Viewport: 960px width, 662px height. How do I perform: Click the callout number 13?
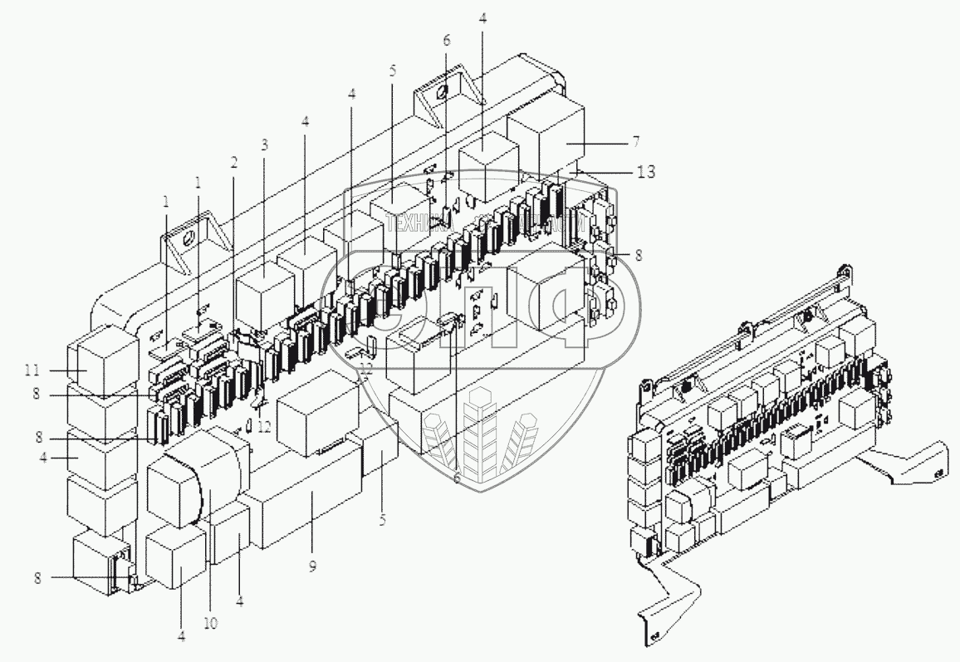pos(646,173)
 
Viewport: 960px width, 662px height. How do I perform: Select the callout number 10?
pos(211,624)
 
